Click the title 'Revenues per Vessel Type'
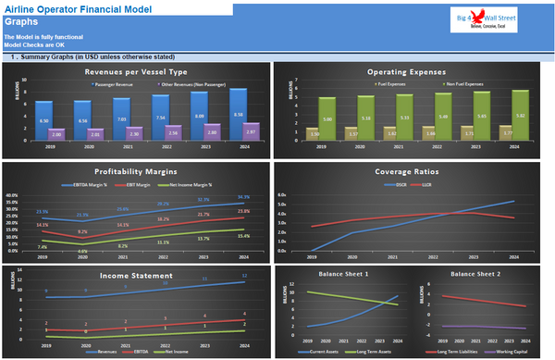click(x=136, y=71)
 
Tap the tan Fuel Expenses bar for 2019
click(x=314, y=133)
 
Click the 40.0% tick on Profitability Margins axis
click(x=12, y=196)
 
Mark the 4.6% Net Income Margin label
click(x=82, y=250)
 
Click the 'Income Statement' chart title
click(x=136, y=274)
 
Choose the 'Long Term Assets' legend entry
click(x=371, y=351)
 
